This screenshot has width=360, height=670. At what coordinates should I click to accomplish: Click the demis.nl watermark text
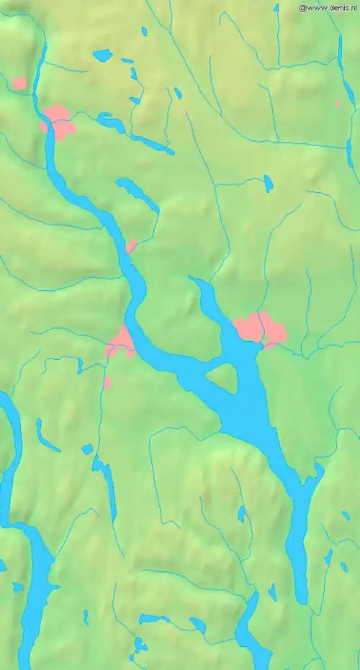328,7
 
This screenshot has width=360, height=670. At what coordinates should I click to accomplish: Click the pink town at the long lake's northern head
58,122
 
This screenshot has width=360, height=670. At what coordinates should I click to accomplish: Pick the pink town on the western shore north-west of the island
121,341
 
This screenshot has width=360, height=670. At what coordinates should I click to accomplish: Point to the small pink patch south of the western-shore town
107,381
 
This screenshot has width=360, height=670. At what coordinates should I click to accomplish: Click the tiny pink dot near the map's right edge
338,103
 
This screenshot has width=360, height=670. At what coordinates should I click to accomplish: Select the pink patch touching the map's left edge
19,83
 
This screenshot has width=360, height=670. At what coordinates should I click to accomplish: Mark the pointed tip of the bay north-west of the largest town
190,277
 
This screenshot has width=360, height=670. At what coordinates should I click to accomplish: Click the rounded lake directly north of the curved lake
103,55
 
